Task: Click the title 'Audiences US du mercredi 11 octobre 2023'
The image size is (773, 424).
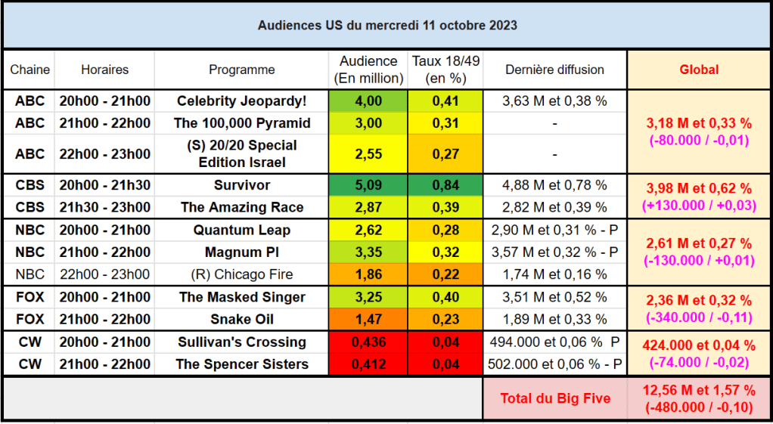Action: (x=387, y=25)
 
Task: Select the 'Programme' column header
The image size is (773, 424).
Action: (x=242, y=70)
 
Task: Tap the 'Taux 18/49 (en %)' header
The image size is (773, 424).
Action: (x=445, y=70)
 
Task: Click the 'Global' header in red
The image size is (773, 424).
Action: (x=699, y=70)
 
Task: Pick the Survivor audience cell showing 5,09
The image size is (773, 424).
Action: (x=368, y=185)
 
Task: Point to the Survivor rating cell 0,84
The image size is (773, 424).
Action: (x=445, y=185)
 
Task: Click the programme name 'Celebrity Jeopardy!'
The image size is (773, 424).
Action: (x=242, y=101)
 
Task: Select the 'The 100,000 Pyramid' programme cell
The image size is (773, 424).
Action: (x=242, y=123)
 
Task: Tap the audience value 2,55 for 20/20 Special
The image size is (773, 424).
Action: (x=368, y=154)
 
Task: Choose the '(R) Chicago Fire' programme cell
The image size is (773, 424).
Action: (x=242, y=274)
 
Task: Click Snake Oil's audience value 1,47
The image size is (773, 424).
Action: (x=368, y=319)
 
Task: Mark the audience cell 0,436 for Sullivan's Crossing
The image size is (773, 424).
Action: (x=368, y=342)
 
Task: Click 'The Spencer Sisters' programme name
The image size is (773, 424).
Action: (x=242, y=364)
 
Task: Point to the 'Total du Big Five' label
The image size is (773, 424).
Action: (x=555, y=398)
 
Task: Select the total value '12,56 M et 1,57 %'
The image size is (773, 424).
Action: (x=699, y=391)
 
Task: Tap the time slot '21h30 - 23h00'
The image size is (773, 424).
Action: (x=105, y=207)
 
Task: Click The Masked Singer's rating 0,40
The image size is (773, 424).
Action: (x=445, y=297)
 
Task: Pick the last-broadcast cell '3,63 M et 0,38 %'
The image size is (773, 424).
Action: (x=555, y=101)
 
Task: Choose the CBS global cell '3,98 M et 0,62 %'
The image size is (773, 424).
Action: (x=699, y=189)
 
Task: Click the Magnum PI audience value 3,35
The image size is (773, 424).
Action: (x=368, y=252)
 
